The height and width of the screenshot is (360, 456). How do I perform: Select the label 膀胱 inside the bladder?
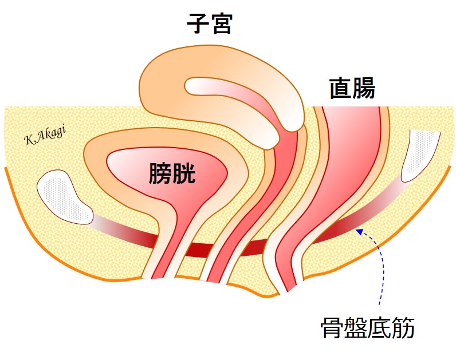click(x=172, y=173)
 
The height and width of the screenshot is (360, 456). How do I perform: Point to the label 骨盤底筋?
click(x=367, y=328)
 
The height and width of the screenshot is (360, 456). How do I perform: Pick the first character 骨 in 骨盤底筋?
click(x=331, y=328)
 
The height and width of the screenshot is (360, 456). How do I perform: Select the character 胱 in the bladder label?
click(x=184, y=173)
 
